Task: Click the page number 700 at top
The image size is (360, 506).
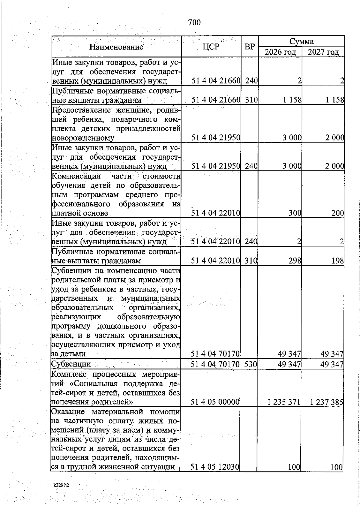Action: pos(194,23)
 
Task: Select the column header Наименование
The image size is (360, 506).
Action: pos(117,47)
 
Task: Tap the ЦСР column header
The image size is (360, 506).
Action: pos(211,47)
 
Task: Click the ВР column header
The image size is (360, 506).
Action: pos(250,47)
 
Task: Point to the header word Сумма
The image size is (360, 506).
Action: pos(301,41)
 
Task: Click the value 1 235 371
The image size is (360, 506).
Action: pos(284,402)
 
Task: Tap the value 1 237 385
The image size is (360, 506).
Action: pos(326,402)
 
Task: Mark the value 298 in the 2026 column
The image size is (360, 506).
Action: pos(295,261)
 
